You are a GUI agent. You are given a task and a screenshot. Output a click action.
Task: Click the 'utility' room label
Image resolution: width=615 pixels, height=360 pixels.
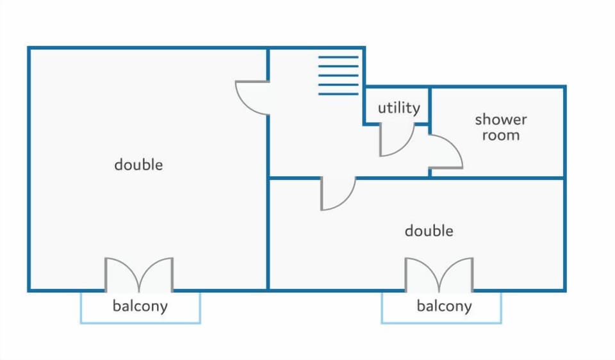point(399,108)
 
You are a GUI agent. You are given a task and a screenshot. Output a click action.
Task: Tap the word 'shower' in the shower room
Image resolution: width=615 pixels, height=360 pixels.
point(501,119)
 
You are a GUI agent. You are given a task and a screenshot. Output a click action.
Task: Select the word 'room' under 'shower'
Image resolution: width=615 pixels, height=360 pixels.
point(501,135)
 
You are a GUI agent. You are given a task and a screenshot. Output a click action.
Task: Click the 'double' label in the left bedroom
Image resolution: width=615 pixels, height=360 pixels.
point(138,165)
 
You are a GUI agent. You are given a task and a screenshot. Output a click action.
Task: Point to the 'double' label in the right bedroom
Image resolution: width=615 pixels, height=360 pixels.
point(429,231)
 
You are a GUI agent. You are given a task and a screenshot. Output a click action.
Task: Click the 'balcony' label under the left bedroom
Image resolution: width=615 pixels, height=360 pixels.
point(140,306)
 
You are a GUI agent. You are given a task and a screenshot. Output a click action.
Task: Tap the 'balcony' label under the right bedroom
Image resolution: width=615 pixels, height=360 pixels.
point(444,306)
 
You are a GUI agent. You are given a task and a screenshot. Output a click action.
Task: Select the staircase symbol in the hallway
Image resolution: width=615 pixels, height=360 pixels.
point(338,76)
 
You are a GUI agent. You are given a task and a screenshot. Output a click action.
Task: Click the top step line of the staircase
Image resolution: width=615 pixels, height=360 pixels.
point(338,57)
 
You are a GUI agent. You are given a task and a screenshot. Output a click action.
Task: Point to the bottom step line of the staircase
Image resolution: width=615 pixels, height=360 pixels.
point(338,94)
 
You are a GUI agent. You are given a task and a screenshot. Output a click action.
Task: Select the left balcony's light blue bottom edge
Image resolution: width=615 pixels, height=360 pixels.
point(140,323)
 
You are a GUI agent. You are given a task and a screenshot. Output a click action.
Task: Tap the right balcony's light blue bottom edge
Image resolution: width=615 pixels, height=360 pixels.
point(441,323)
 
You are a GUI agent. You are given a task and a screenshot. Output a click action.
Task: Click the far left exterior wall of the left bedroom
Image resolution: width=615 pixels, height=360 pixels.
point(29,169)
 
